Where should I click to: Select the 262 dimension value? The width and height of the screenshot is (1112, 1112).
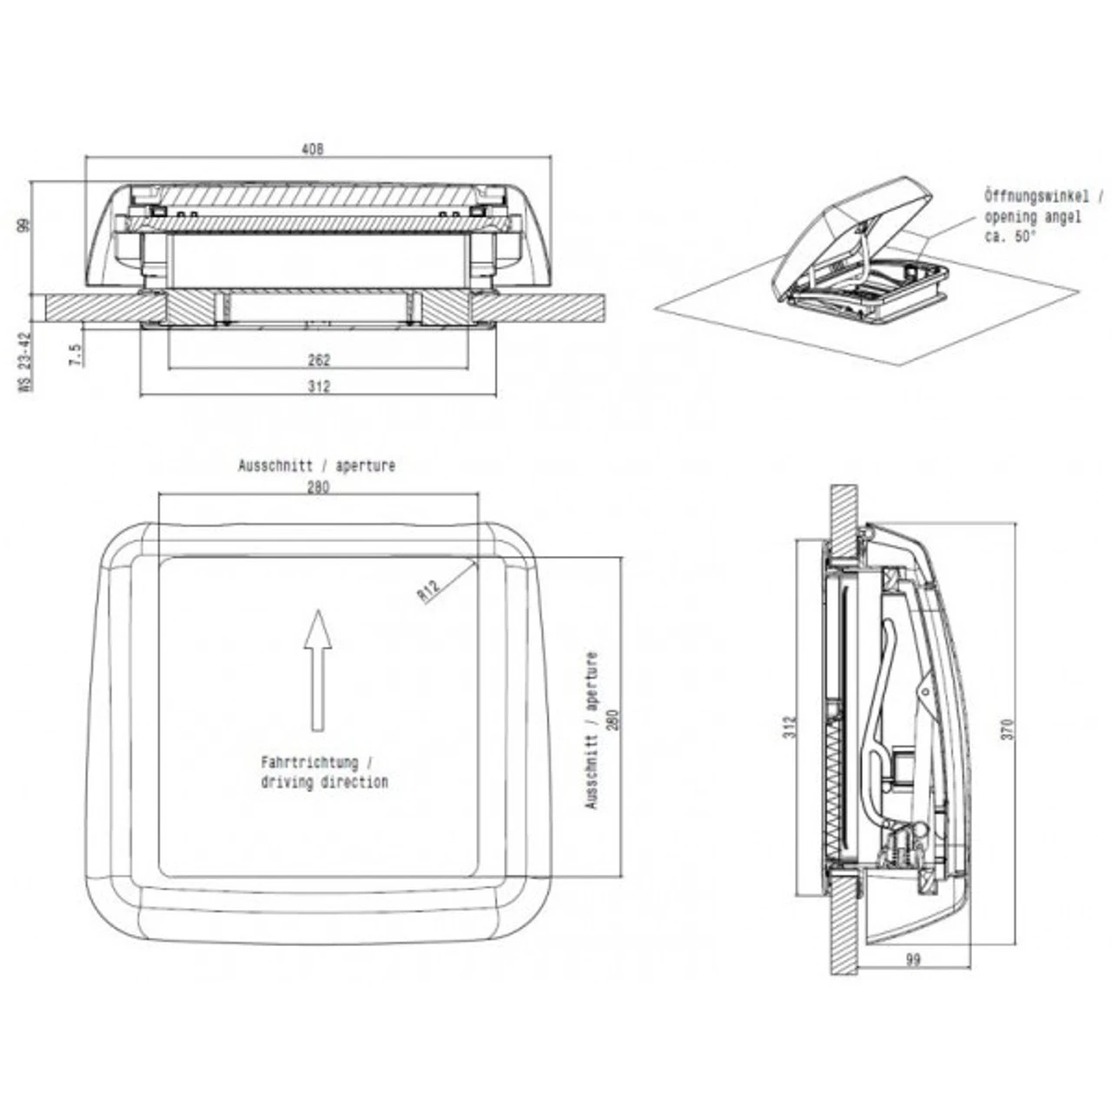(320, 360)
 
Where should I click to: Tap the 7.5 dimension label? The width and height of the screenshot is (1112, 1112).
(76, 354)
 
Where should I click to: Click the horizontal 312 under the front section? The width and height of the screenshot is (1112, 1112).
(320, 387)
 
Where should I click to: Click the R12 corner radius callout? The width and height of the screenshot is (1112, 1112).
(429, 590)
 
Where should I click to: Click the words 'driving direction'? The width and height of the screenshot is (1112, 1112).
(325, 782)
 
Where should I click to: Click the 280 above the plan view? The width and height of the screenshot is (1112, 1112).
(318, 487)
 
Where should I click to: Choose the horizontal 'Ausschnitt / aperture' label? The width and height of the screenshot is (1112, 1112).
(317, 466)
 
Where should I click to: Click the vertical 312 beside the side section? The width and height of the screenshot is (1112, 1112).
(789, 725)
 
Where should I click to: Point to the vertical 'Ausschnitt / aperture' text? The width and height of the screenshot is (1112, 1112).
(592, 730)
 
